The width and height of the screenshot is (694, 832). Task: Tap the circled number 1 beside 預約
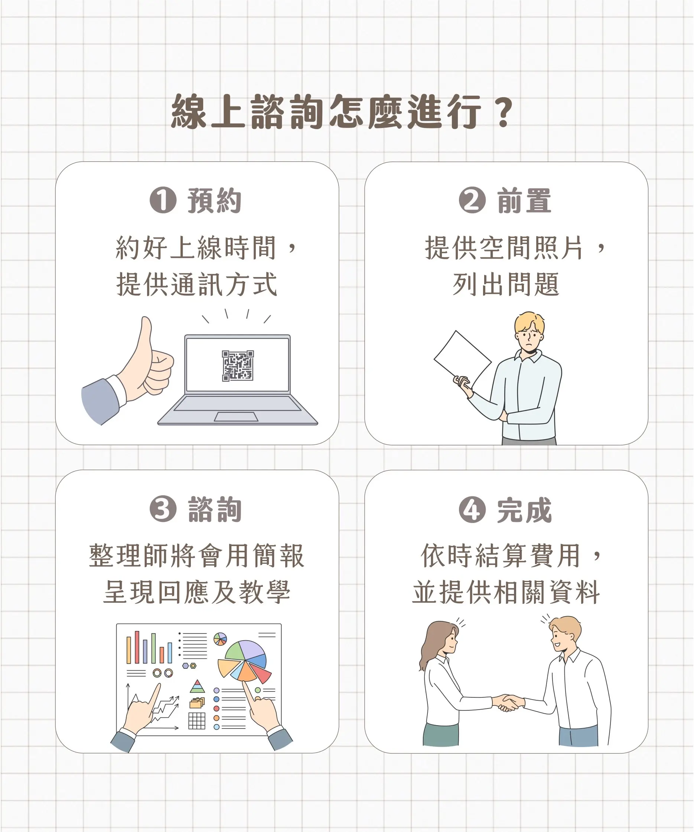tap(163, 200)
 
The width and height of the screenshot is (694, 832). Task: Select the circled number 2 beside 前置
tap(472, 200)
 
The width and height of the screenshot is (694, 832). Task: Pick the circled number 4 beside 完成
tap(472, 510)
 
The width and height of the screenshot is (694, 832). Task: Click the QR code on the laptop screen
tap(238, 366)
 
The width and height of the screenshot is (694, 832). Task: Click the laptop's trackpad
tap(236, 417)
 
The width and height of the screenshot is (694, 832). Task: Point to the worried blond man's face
tap(529, 337)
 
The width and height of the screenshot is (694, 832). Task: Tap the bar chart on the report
tap(149, 647)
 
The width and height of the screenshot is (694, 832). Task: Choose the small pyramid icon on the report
tap(197, 686)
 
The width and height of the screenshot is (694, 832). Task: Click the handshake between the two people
tap(508, 703)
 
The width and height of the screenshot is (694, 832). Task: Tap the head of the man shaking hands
tap(565, 634)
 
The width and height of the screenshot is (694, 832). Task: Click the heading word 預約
tap(215, 200)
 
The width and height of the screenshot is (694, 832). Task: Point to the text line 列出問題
tap(506, 284)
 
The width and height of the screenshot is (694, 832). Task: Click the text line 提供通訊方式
tap(197, 284)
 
